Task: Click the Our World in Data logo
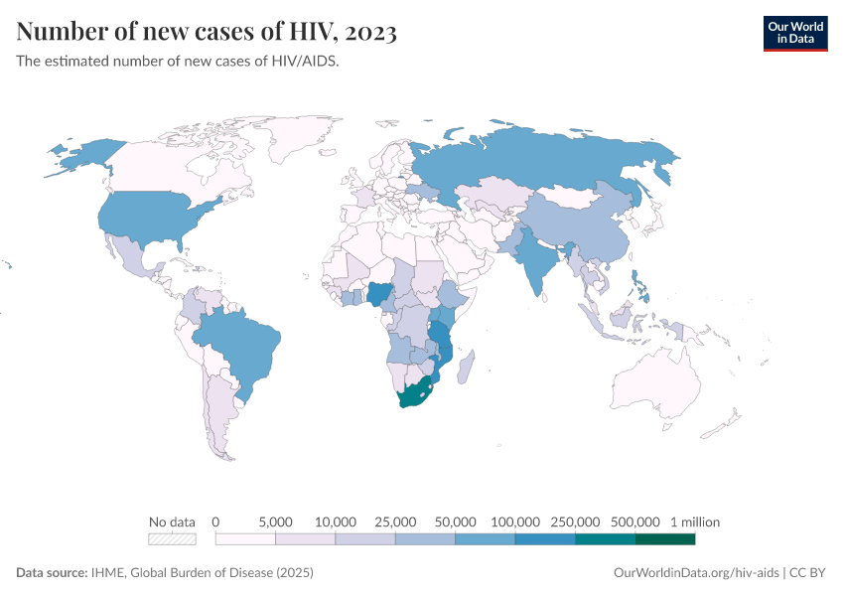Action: [x=794, y=33]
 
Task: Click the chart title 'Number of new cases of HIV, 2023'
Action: [x=207, y=33]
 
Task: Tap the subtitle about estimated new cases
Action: [x=178, y=62]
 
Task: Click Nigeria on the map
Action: [x=381, y=295]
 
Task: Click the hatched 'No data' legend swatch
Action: [x=172, y=539]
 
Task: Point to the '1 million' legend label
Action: [x=694, y=521]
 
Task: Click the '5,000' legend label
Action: [x=275, y=521]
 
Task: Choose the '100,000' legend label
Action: [x=515, y=521]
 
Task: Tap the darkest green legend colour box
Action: [x=664, y=539]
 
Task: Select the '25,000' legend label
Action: [x=395, y=521]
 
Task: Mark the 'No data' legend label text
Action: [x=172, y=521]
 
